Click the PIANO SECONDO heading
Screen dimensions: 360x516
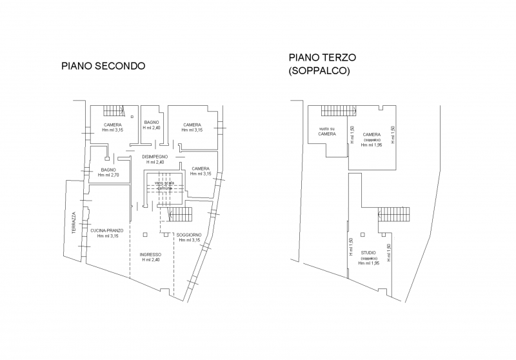(x=103, y=66)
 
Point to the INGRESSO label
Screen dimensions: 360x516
(x=150, y=254)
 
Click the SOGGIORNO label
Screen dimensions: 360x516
(x=189, y=234)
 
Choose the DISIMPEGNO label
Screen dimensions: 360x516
(x=155, y=157)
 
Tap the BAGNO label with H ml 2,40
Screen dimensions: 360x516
(x=152, y=122)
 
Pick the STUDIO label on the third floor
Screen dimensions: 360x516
(x=368, y=253)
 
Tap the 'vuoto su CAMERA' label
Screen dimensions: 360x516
(x=327, y=131)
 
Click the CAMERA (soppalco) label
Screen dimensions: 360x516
(x=371, y=134)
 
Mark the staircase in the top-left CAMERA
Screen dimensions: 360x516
(x=114, y=110)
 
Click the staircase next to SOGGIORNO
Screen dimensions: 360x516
(x=181, y=214)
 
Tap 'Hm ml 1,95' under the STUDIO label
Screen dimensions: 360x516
(x=368, y=264)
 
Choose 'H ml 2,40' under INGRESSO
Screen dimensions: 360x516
(x=150, y=260)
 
